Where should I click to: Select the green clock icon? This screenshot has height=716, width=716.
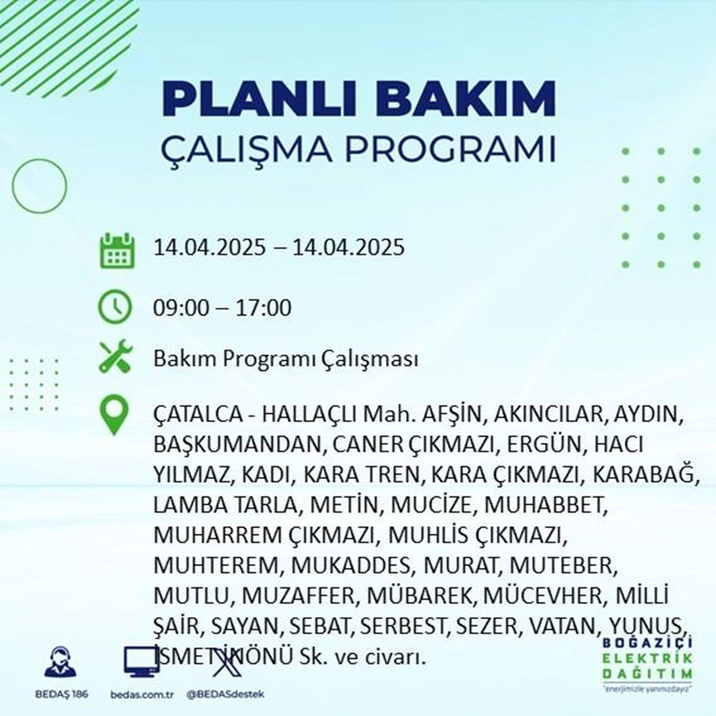tap(115, 309)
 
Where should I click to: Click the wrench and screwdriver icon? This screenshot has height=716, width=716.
tap(115, 358)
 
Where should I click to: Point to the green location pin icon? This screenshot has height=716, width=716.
tap(115, 416)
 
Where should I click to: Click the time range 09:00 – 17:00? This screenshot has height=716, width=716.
tap(222, 309)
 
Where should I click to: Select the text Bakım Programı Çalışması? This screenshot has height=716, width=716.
tap(286, 359)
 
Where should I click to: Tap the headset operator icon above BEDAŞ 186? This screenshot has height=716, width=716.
tap(60, 663)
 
